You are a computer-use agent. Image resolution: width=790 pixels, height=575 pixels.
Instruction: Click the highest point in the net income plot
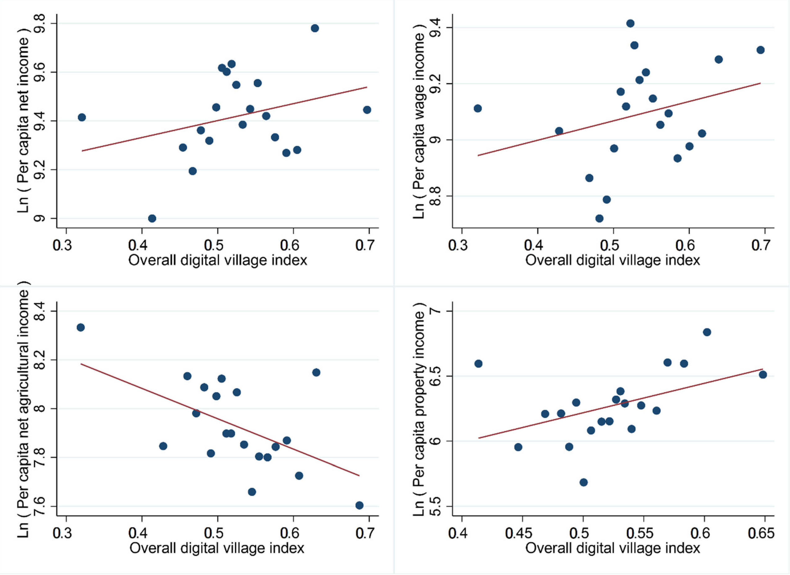point(315,28)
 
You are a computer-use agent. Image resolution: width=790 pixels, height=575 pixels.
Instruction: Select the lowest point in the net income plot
point(152,218)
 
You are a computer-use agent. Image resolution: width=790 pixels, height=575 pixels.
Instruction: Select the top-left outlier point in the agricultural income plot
point(80,327)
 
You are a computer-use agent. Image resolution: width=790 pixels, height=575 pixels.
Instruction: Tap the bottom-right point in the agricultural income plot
point(359,505)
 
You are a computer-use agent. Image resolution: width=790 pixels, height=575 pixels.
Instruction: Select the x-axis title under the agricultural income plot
point(217,548)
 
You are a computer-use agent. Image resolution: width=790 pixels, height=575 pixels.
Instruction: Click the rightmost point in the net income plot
point(367,110)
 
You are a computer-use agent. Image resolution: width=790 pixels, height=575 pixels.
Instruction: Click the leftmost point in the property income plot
point(478,364)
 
